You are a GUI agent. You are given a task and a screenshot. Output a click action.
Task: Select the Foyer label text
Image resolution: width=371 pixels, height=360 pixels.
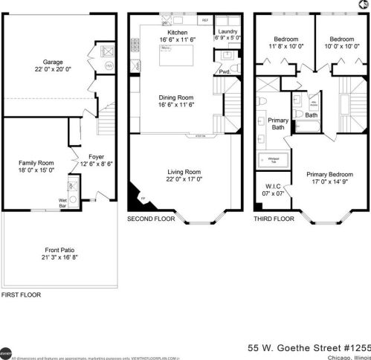point(96,158)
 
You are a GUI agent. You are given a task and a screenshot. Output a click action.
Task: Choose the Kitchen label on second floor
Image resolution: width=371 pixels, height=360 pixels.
point(178,33)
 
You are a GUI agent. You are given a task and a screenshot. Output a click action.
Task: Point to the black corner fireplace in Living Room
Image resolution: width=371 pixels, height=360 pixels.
point(136,197)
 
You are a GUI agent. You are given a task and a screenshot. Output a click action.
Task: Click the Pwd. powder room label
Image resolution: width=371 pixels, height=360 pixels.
point(224,71)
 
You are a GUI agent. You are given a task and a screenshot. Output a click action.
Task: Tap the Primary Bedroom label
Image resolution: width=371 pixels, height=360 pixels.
point(330,176)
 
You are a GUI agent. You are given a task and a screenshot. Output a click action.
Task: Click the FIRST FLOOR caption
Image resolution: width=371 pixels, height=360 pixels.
point(21,295)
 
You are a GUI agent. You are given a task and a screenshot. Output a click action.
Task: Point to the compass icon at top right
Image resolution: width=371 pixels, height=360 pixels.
point(362,6)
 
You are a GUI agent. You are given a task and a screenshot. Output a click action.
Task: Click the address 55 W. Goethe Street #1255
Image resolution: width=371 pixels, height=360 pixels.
point(307,347)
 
